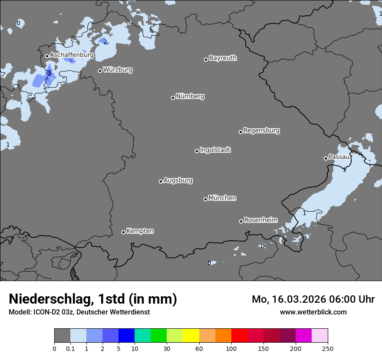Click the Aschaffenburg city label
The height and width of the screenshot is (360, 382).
pos(72,55)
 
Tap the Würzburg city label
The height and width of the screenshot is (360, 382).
pos(118,70)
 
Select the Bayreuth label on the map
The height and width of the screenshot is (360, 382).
pos(223,58)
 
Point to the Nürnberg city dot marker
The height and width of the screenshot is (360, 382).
pos(173,98)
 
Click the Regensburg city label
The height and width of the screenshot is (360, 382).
pos(261,131)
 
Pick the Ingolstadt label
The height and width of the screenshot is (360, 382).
pos(215,150)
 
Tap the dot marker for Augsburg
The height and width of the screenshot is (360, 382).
pos(161,181)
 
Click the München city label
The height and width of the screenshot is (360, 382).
pos(222,198)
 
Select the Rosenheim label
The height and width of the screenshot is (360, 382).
pos(260,220)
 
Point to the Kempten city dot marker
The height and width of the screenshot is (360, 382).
pos(123,232)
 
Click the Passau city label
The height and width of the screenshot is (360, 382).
pos(339,157)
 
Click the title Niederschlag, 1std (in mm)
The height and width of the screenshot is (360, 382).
pos(93,299)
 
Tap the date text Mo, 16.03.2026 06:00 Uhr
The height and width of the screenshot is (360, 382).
pos(313,299)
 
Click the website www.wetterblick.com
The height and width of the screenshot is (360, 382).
pos(313,312)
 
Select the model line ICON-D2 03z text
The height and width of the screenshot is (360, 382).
pos(79,312)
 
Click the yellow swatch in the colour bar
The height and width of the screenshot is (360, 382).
pos(191,336)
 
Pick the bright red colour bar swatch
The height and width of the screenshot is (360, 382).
pos(239,336)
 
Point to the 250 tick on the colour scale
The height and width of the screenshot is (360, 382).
pos(328,348)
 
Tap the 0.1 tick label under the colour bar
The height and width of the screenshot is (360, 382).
pos(70,348)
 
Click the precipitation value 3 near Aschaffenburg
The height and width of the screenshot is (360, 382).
pos(49,73)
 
